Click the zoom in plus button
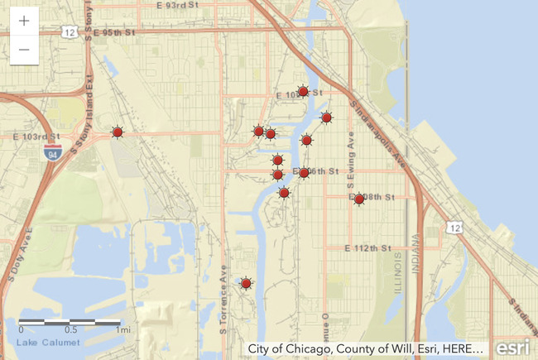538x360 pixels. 24,22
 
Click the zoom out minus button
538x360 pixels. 24,50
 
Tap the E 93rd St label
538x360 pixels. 179,5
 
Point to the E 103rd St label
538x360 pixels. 36,136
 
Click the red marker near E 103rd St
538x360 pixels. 118,132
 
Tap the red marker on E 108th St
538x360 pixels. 359,199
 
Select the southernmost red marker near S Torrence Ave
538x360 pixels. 246,284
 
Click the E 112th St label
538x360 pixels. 368,248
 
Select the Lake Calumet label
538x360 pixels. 39,342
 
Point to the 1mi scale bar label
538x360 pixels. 122,329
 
